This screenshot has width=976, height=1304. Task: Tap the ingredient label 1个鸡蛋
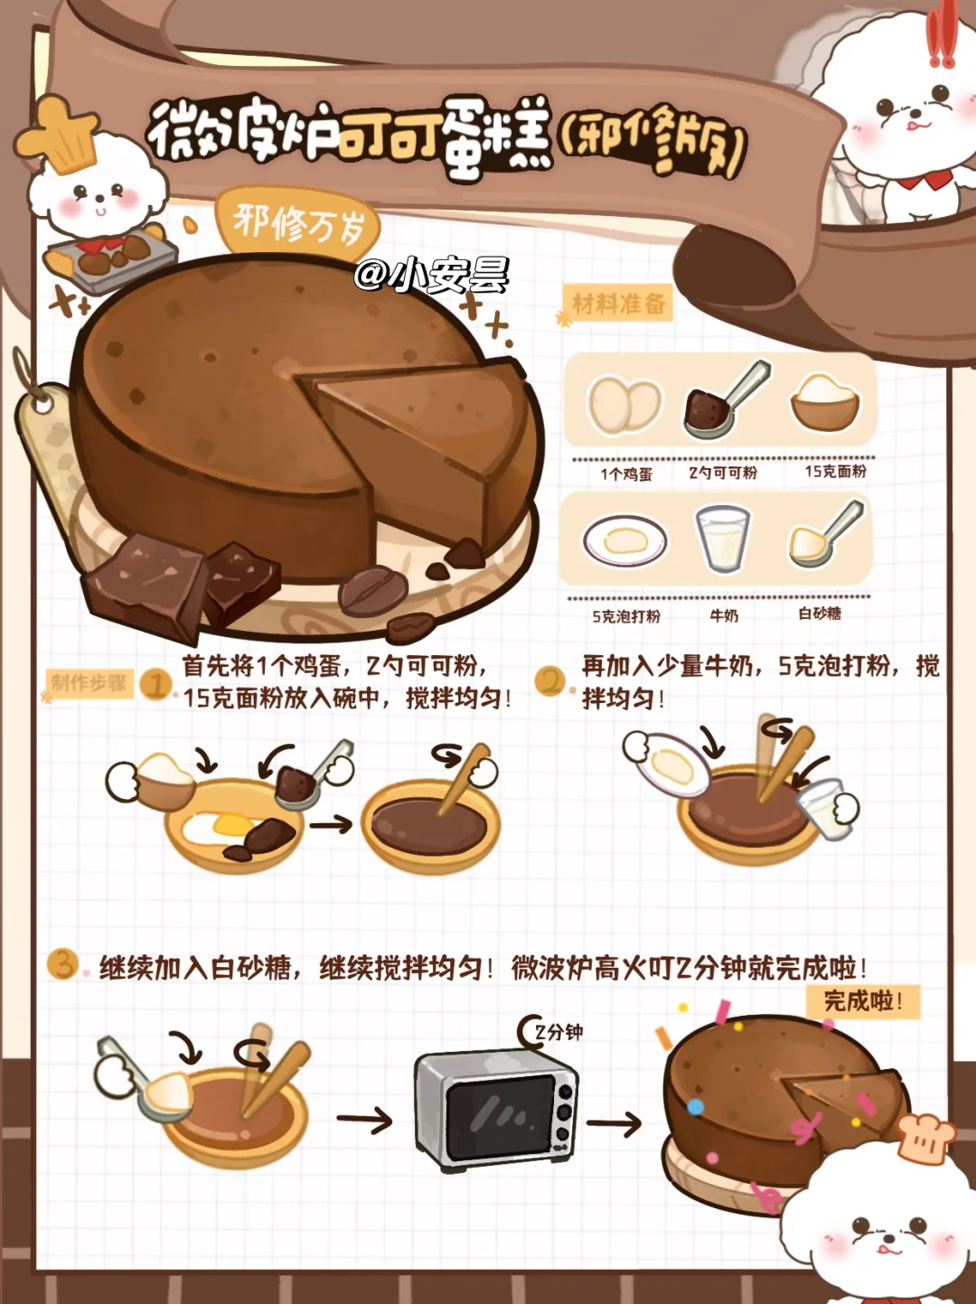tap(625, 474)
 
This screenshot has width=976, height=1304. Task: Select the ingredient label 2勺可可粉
tap(724, 473)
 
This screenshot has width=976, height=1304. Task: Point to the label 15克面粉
tap(836, 472)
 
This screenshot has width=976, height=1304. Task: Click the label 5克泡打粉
tap(626, 616)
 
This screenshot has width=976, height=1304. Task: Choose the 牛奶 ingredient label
tap(724, 615)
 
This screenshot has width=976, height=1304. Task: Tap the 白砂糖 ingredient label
tap(820, 614)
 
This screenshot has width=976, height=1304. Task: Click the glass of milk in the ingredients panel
tap(722, 539)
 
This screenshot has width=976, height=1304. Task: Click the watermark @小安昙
tap(432, 275)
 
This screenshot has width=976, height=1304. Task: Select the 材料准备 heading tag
tap(618, 305)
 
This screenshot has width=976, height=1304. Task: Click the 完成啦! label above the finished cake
tap(863, 1002)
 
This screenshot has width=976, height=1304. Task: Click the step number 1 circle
tap(155, 685)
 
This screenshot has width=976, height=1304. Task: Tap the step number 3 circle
tap(63, 964)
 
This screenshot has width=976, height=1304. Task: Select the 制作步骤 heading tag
tap(89, 683)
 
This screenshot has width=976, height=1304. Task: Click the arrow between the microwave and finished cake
tap(615, 1122)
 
